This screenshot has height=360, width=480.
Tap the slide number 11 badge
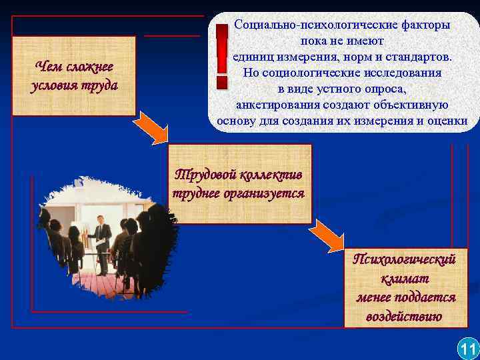467,349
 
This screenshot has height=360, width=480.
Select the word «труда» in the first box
101,86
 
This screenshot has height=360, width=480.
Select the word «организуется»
267,194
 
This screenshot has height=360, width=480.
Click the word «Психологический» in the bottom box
404,259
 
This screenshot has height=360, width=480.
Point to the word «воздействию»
404,316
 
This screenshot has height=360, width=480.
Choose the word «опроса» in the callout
383,89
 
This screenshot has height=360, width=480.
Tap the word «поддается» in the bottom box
425,297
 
